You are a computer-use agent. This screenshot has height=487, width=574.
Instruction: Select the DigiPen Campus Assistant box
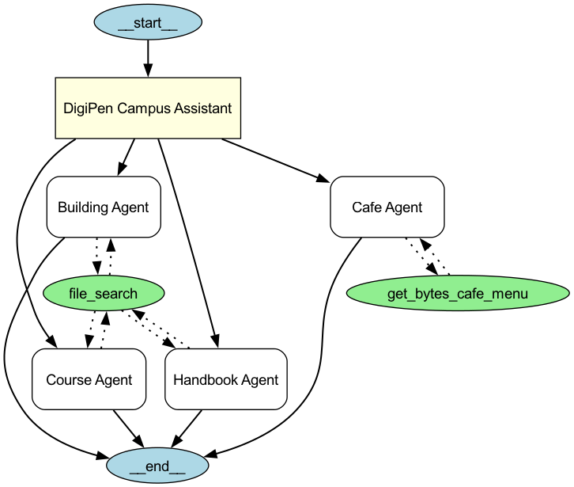[147, 108]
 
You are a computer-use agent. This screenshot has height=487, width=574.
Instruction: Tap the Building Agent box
[104, 207]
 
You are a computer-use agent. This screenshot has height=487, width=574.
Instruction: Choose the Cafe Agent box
[387, 207]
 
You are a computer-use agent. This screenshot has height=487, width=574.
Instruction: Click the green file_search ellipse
[104, 294]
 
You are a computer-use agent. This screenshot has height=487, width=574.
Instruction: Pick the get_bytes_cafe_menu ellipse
[458, 295]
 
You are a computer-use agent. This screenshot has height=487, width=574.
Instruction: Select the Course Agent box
[89, 379]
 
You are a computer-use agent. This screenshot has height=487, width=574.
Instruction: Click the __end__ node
[157, 466]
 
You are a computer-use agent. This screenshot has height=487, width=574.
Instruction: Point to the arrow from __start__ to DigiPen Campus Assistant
[147, 59]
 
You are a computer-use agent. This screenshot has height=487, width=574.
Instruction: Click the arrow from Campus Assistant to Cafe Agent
[276, 161]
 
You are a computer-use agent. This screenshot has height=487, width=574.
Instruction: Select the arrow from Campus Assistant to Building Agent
[127, 157]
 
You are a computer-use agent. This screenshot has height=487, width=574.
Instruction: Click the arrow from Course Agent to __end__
[127, 428]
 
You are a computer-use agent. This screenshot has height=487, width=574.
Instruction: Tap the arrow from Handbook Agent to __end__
[187, 428]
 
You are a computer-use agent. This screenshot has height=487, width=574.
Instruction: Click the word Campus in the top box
[136, 108]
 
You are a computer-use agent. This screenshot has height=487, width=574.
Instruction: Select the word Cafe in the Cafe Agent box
[365, 207]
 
